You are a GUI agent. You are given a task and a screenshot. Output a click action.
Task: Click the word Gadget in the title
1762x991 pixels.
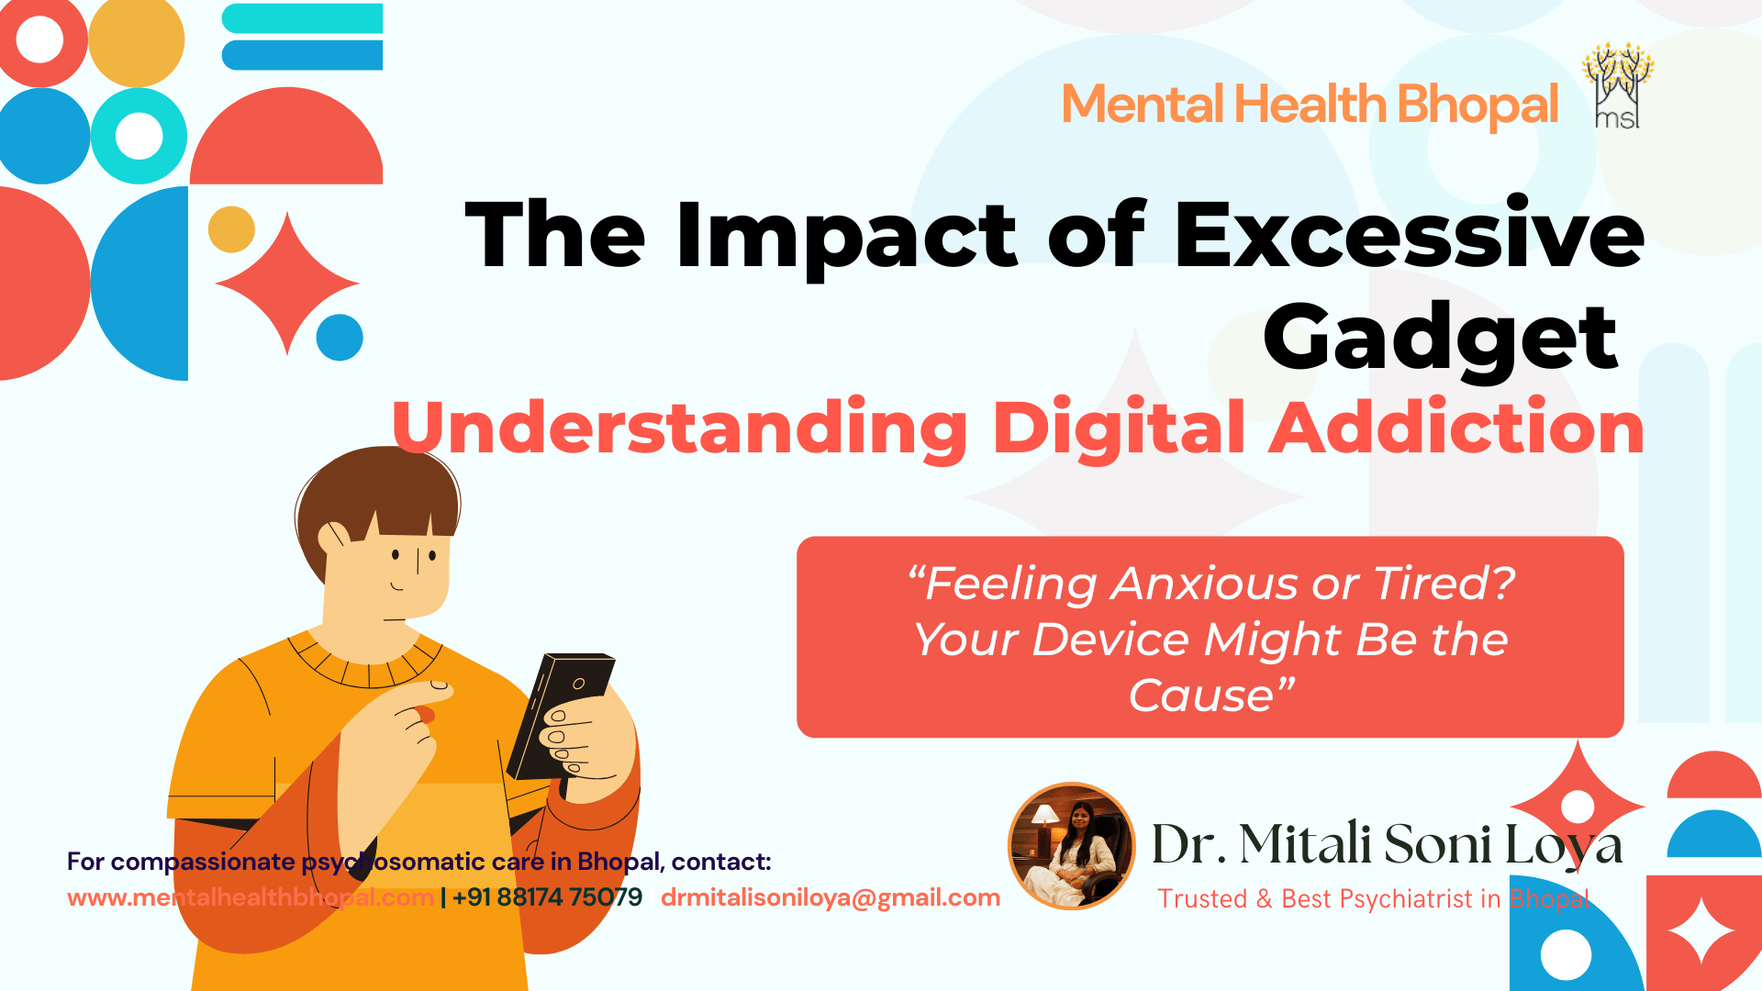[1440, 340]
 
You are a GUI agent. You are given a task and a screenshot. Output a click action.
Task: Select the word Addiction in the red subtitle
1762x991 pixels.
[1456, 429]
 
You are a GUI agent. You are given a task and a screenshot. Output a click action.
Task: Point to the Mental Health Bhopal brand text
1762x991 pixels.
[1310, 105]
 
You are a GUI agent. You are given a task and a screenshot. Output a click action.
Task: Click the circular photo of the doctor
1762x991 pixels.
[1072, 846]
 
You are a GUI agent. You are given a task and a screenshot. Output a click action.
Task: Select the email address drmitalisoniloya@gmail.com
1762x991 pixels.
[831, 897]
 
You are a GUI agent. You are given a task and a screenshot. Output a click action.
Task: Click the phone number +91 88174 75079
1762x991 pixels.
[548, 897]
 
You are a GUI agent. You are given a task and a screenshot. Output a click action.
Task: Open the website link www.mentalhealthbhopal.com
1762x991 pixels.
[250, 897]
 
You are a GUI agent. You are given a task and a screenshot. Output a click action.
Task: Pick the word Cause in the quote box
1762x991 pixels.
[1201, 696]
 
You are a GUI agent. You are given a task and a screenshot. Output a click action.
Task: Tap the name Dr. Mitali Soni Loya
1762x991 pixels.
[1386, 844]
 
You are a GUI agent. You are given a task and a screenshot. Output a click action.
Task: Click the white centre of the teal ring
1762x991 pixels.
[139, 136]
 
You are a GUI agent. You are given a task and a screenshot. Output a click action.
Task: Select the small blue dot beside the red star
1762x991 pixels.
[340, 338]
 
